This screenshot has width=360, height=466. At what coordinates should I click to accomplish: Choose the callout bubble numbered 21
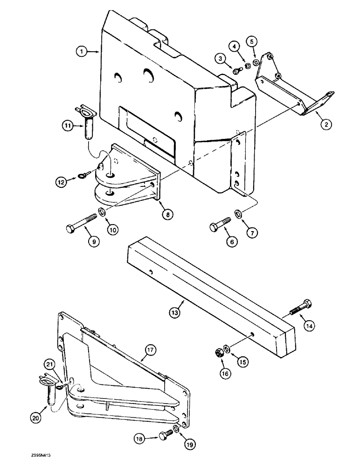pos(50,364)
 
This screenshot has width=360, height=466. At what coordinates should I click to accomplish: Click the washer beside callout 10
pos(102,213)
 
